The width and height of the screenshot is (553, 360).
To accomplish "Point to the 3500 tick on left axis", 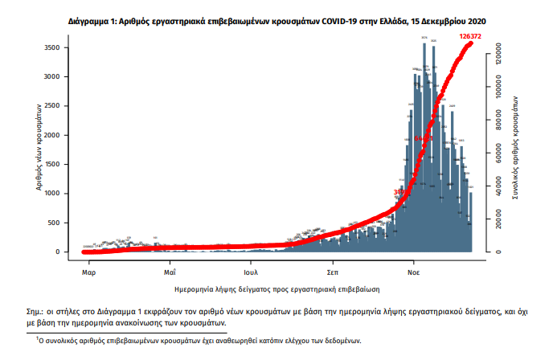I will click(61, 48).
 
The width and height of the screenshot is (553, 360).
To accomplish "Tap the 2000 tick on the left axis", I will click(61, 136).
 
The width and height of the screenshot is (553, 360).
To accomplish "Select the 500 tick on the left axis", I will click(63, 223).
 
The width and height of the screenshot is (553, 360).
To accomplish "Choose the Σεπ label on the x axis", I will click(333, 264).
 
